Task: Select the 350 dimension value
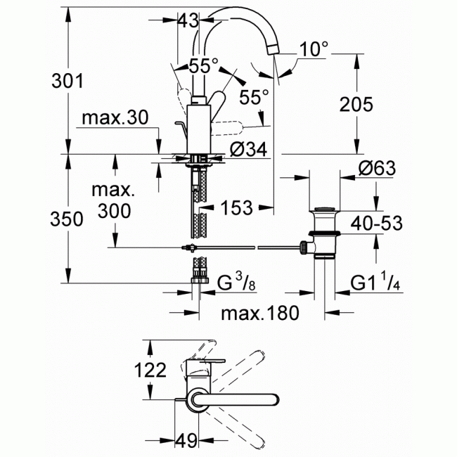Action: point(68,219)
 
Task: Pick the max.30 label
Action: point(115,118)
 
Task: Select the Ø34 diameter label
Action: point(247,148)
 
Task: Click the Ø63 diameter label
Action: point(376,169)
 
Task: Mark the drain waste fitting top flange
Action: point(325,210)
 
